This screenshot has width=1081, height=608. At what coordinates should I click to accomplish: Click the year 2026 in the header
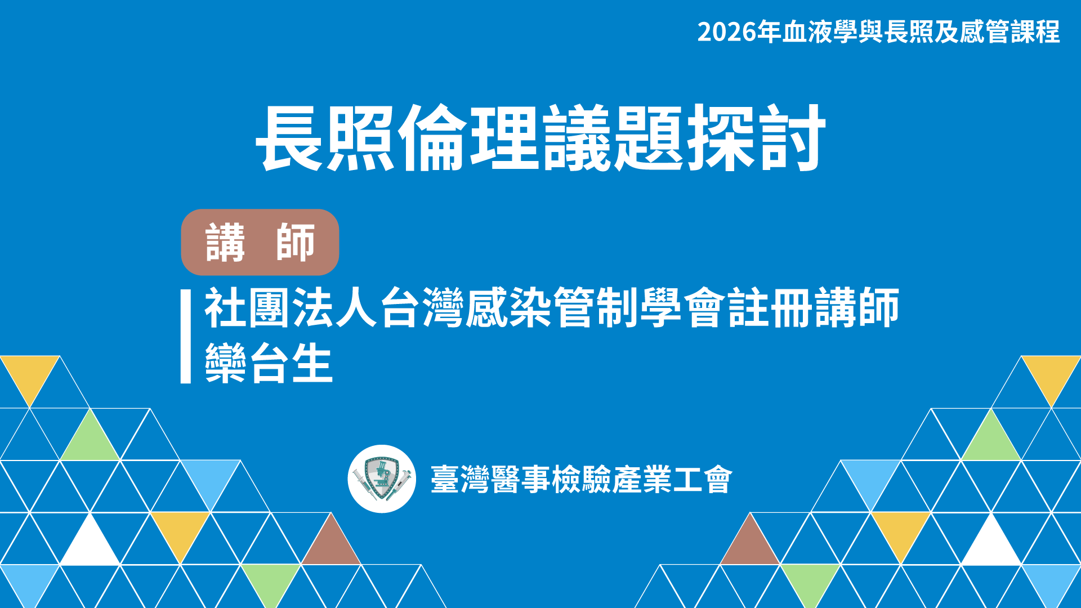(727, 32)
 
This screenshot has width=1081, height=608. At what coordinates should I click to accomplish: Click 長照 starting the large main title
(326, 138)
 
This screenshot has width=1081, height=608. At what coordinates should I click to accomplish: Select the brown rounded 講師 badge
(260, 242)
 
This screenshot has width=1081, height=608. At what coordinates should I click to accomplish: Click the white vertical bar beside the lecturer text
(186, 337)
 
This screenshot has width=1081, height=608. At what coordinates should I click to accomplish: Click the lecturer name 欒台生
(269, 363)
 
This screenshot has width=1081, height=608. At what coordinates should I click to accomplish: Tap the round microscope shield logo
(382, 479)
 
